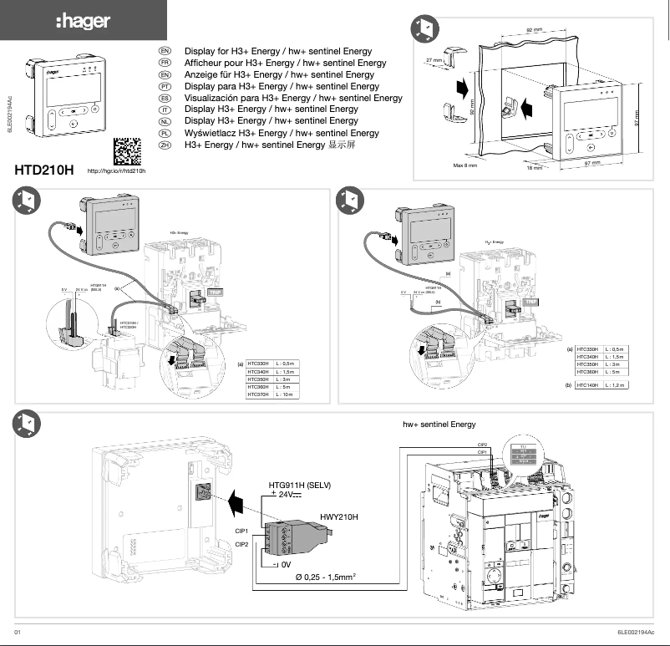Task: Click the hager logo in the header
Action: (x=83, y=21)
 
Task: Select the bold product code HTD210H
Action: (x=44, y=170)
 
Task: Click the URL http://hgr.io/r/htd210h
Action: (x=117, y=171)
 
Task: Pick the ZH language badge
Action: (x=165, y=145)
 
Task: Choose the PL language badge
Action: (x=165, y=133)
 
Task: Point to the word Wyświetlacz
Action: (x=210, y=133)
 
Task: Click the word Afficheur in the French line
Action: (x=204, y=63)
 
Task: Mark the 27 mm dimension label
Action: (x=434, y=60)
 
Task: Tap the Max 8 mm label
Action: (x=464, y=165)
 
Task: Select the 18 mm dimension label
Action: (x=534, y=167)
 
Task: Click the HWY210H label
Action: (x=339, y=517)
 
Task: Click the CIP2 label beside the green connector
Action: (x=241, y=545)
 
